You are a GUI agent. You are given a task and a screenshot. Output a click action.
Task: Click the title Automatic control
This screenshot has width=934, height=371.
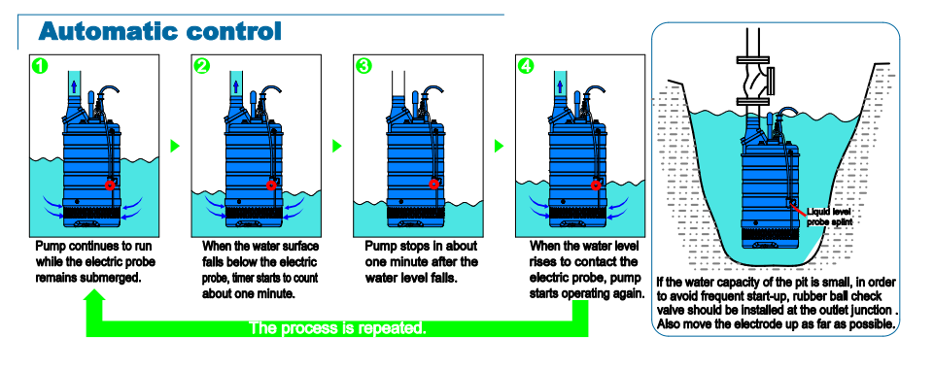pos(159,31)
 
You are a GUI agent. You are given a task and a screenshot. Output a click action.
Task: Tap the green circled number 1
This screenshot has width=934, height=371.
pos(39,65)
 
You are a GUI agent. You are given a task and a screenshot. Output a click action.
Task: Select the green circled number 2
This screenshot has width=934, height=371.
pos(202,65)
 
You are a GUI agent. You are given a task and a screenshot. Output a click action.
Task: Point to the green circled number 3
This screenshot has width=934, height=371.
pos(363,65)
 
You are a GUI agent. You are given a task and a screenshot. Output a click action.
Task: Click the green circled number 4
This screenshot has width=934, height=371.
pos(526,65)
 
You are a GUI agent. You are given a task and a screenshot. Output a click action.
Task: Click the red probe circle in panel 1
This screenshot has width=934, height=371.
pos(110,185)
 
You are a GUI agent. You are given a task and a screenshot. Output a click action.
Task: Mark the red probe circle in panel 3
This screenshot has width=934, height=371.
pos(433,184)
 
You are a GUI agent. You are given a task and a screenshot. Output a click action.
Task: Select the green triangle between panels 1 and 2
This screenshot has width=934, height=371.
pos(175,146)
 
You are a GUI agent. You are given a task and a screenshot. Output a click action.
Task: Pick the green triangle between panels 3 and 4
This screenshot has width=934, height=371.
pos(499,146)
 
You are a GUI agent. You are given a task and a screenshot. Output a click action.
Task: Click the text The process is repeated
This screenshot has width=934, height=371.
pos(337,327)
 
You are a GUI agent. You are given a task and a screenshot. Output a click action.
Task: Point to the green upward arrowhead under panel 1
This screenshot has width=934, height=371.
pos(94,297)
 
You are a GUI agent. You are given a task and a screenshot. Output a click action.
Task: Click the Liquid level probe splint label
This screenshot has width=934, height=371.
pos(829,217)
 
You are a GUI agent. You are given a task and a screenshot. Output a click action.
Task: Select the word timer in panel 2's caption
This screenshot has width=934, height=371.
pos(244,278)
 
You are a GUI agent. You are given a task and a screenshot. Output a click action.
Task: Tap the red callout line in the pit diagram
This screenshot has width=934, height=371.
pos(798,207)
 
